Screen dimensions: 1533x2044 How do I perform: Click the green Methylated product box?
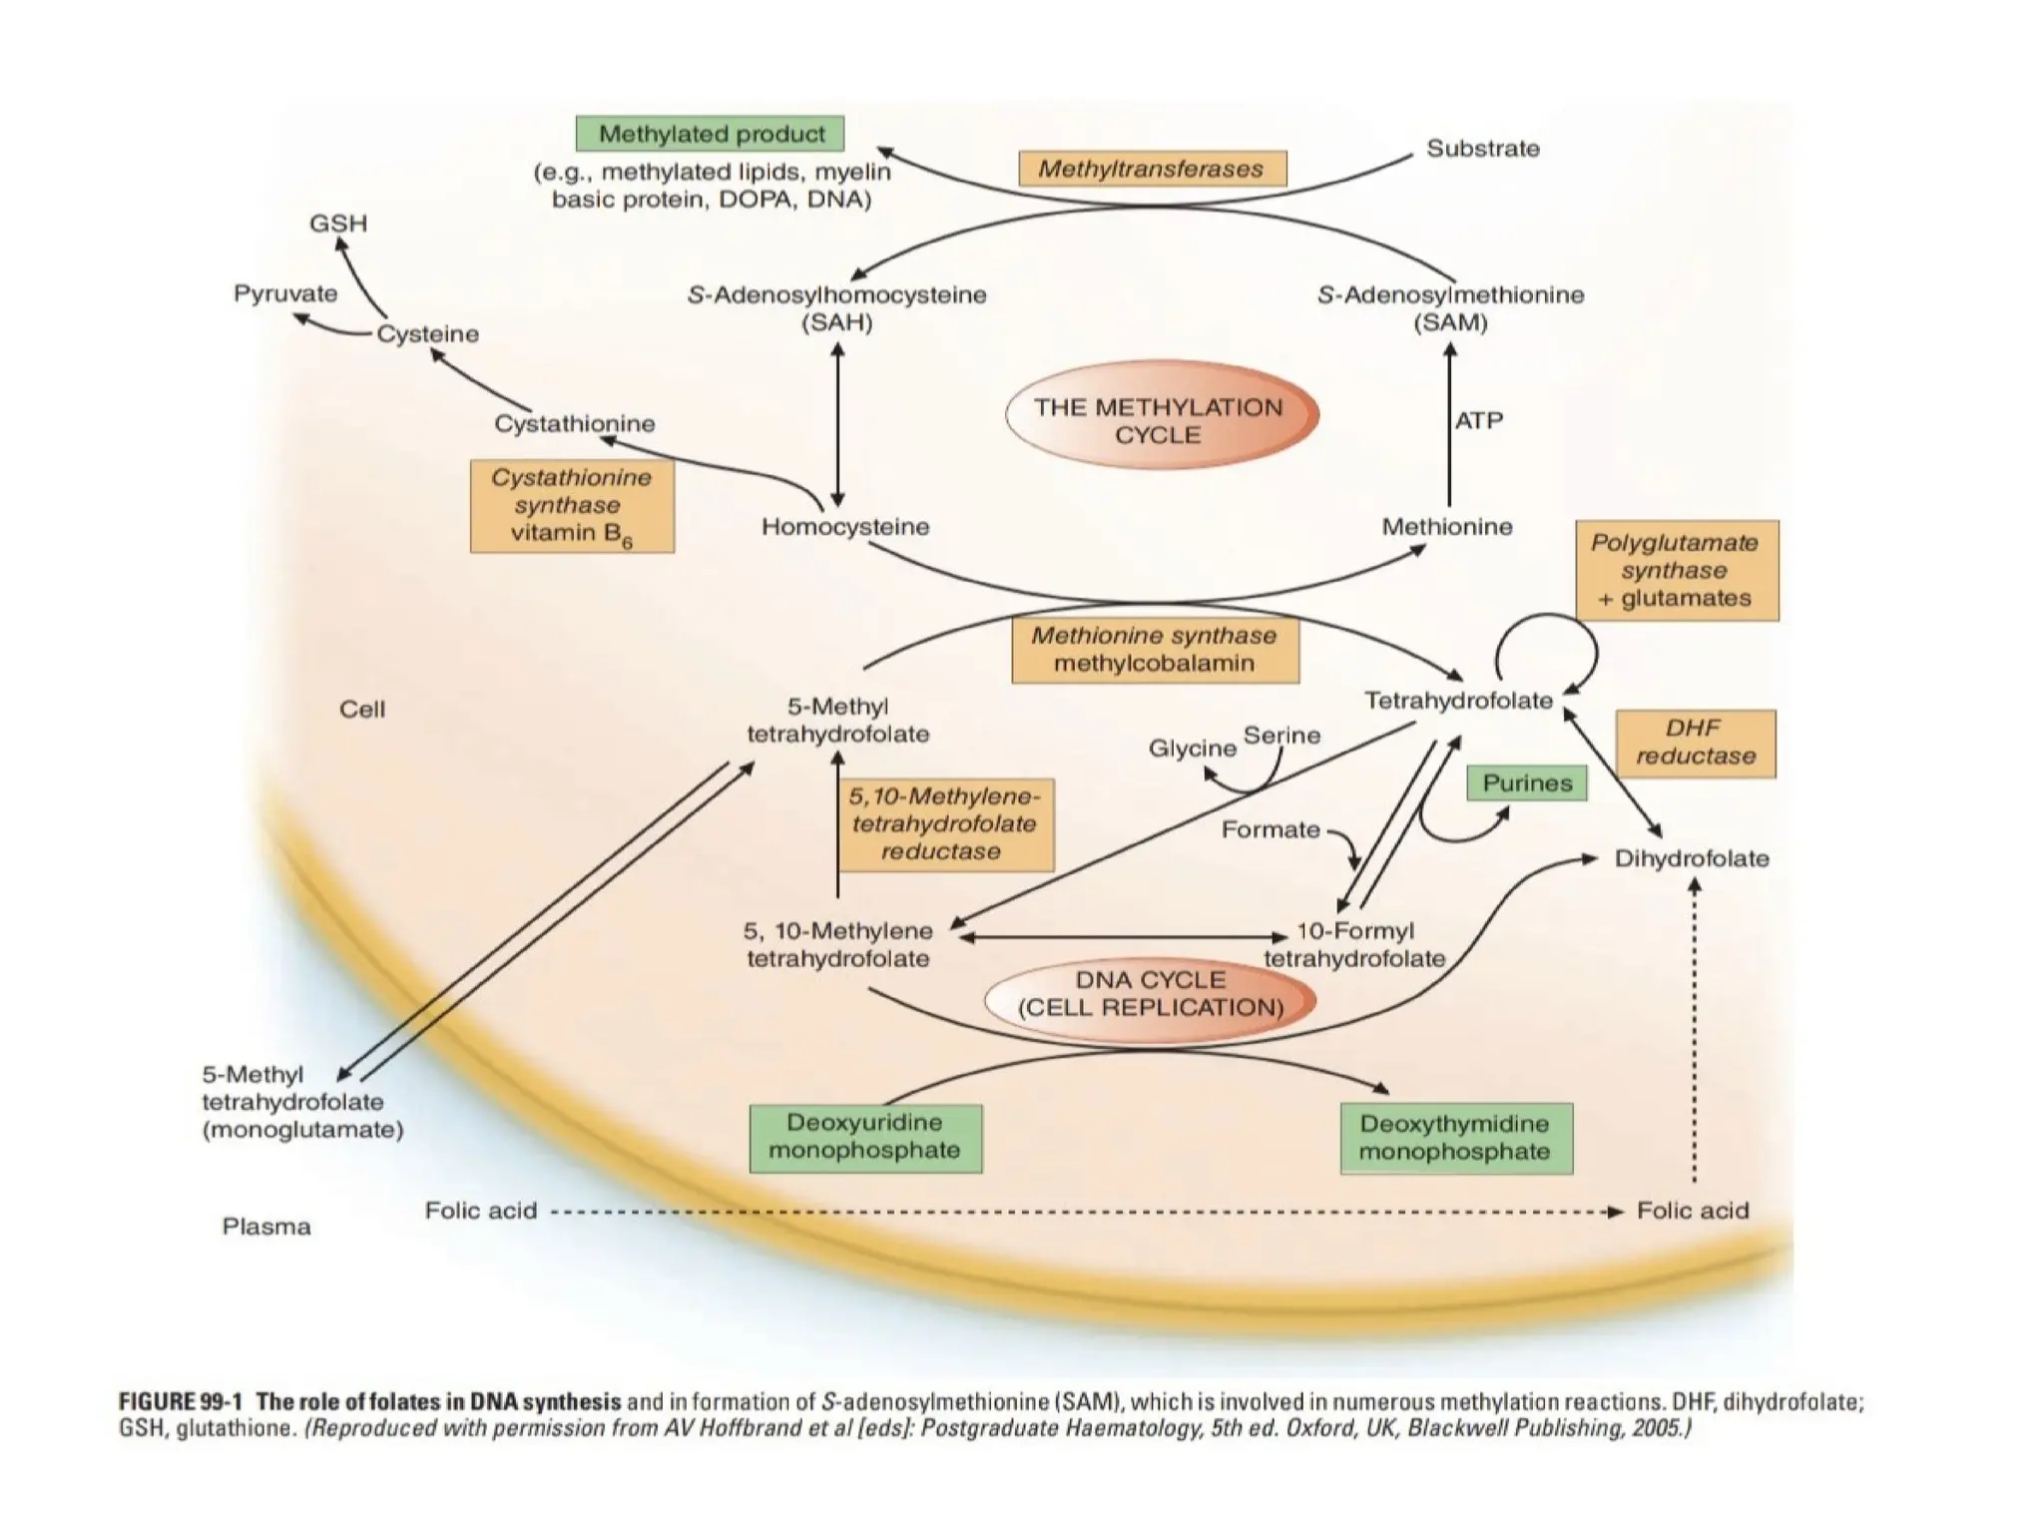pyautogui.click(x=710, y=134)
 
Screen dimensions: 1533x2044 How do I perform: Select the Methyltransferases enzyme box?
pyautogui.click(x=1152, y=169)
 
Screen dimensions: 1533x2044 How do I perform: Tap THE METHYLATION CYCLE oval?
pyautogui.click(x=1161, y=419)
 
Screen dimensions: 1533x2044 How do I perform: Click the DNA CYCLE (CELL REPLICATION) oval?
pyautogui.click(x=1150, y=994)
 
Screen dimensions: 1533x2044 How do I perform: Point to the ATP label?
pyautogui.click(x=1478, y=420)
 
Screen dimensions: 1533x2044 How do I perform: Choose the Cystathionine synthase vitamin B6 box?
pyautogui.click(x=572, y=505)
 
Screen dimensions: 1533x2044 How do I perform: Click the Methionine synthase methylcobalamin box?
pyautogui.click(x=1155, y=650)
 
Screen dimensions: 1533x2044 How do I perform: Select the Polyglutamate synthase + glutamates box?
pyautogui.click(x=1677, y=571)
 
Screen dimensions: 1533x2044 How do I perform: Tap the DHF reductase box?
pyautogui.click(x=1695, y=744)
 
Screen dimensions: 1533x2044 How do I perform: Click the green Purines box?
pyautogui.click(x=1526, y=783)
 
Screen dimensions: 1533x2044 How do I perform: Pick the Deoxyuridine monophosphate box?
pyautogui.click(x=865, y=1138)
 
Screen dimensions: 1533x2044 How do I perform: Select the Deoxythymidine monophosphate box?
pyautogui.click(x=1455, y=1138)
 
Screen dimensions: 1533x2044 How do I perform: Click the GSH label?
pyautogui.click(x=338, y=223)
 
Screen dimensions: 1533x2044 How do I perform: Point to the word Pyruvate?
pyautogui.click(x=285, y=293)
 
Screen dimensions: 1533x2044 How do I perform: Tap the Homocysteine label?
pyautogui.click(x=845, y=527)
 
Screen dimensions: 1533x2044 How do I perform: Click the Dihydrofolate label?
pyautogui.click(x=1692, y=858)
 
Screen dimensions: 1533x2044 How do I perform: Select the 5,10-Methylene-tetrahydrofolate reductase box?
pyautogui.click(x=945, y=824)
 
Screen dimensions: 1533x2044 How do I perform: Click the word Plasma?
pyautogui.click(x=266, y=1227)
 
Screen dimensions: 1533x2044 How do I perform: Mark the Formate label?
pyautogui.click(x=1270, y=830)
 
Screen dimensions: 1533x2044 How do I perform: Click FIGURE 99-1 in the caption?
pyautogui.click(x=181, y=1402)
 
